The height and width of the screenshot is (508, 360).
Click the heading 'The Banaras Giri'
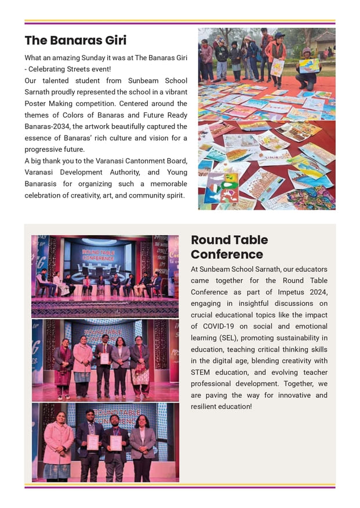[75, 41]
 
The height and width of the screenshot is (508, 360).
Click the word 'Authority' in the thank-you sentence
[121, 173]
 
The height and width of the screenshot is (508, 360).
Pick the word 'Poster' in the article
[36, 104]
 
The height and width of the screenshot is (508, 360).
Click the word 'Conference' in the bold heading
[227, 255]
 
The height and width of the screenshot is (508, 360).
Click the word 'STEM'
[201, 372]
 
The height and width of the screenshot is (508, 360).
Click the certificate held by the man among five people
[104, 358]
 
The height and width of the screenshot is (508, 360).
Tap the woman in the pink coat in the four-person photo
[58, 443]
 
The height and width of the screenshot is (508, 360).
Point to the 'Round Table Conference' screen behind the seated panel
[99, 254]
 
